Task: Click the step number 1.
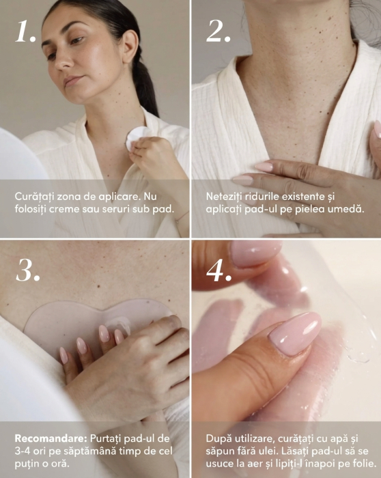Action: [25, 31]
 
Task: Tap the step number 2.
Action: [218, 31]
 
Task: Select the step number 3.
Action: [28, 270]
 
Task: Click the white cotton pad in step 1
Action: [137, 137]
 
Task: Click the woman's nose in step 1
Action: [66, 60]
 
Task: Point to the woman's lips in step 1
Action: [72, 81]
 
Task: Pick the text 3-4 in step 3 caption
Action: [22, 451]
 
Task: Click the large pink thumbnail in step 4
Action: [296, 333]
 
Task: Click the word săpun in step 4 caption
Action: [219, 452]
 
